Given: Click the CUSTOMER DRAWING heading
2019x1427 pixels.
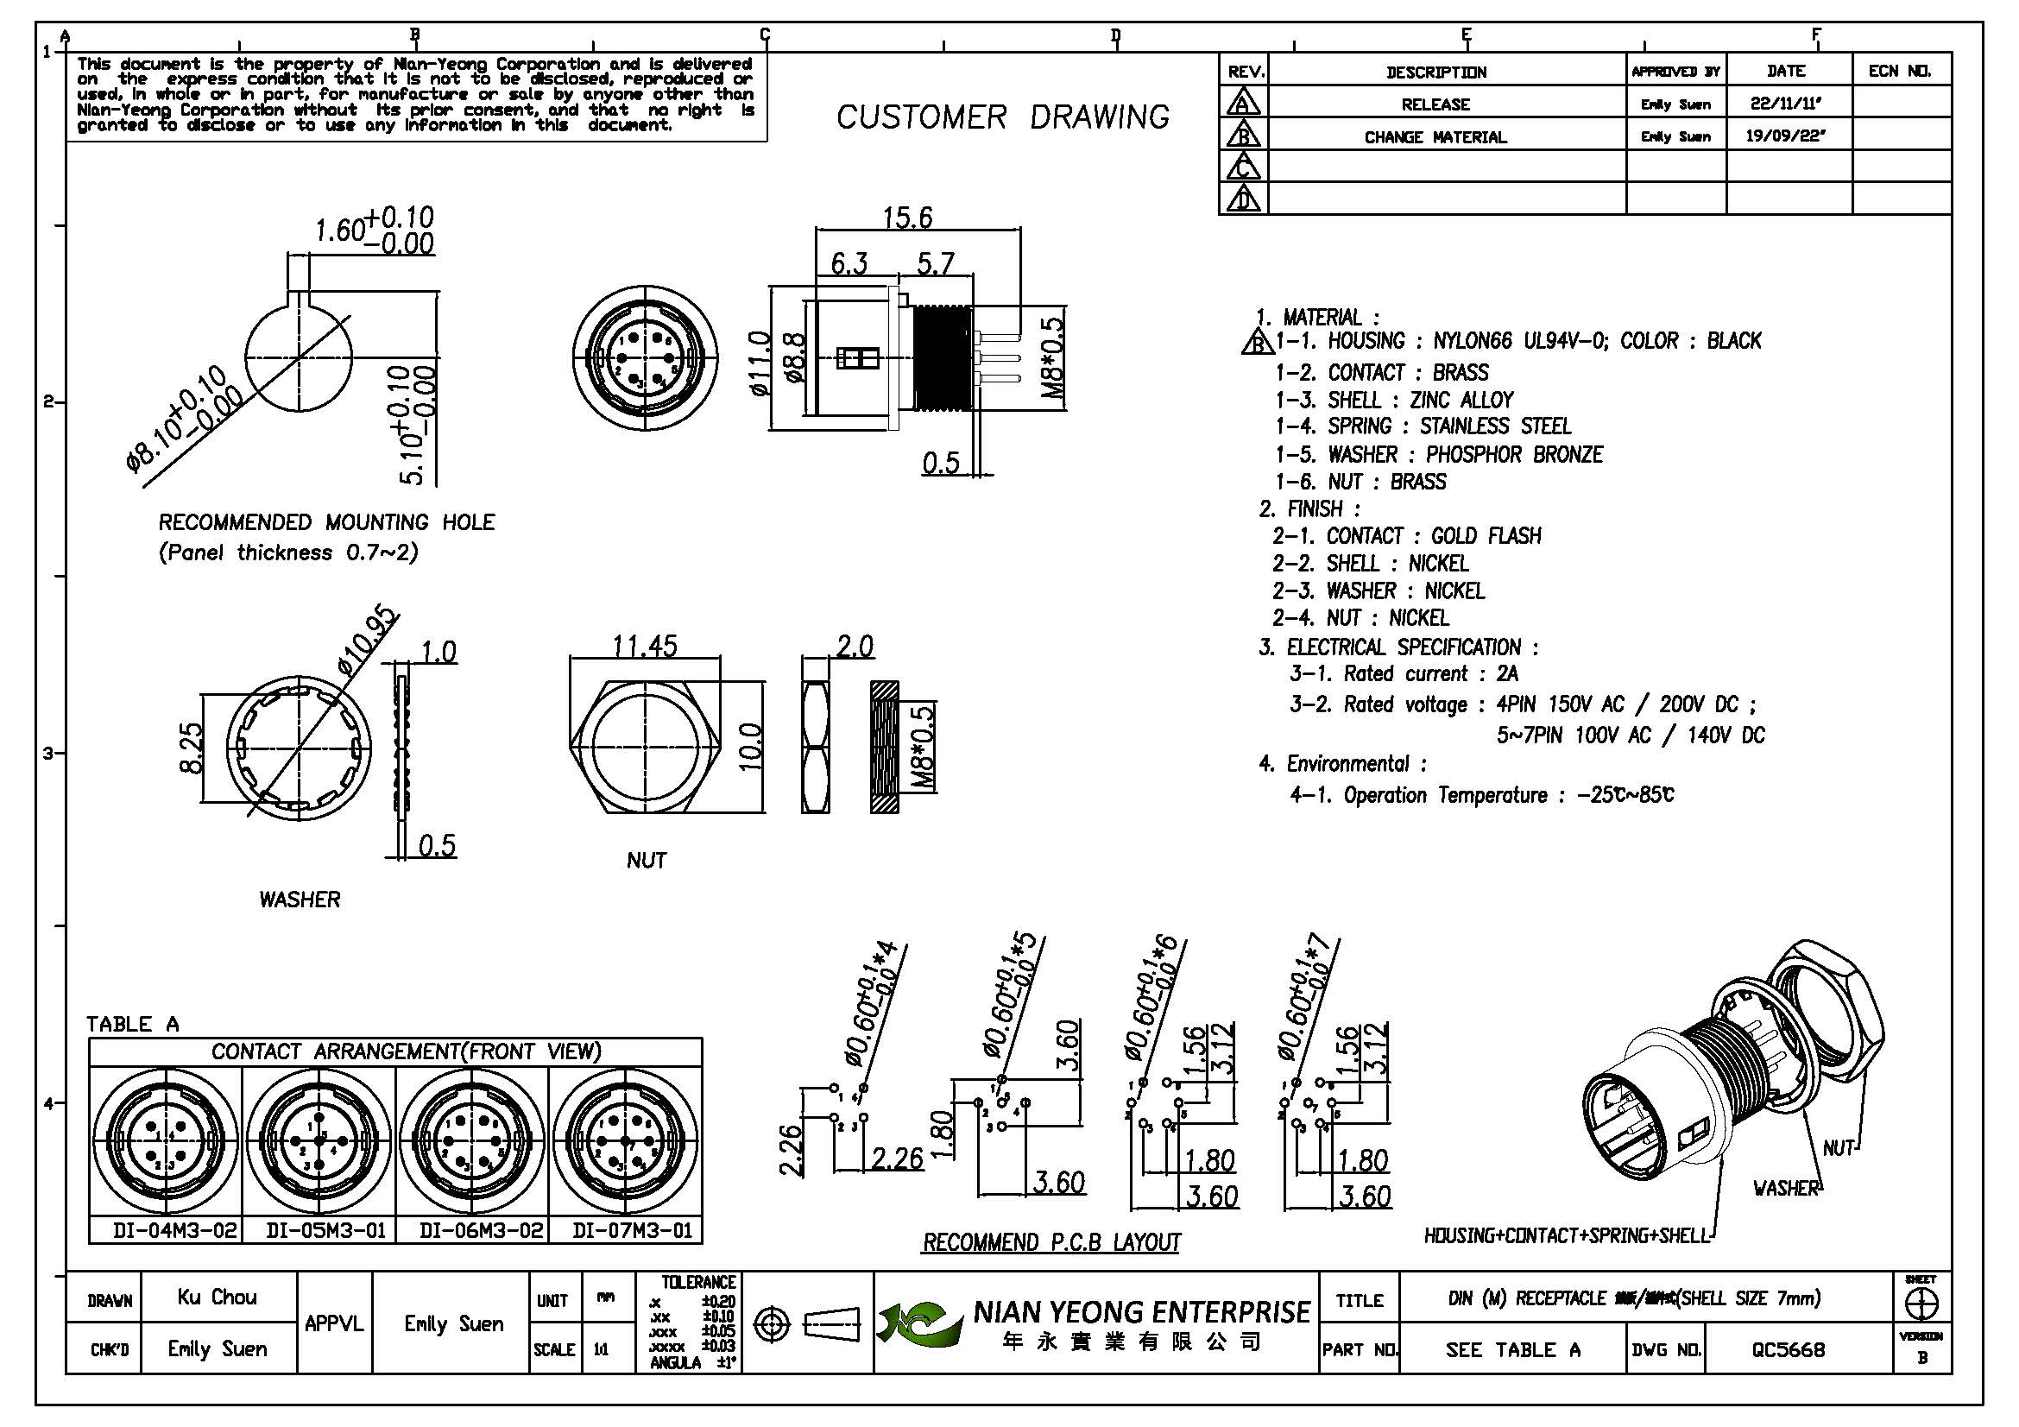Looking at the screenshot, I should coord(1002,117).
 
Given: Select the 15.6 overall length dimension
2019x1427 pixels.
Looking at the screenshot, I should coord(907,218).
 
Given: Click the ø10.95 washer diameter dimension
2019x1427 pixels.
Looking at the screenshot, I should coord(369,641).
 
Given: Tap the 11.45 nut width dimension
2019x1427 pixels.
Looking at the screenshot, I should coord(645,647).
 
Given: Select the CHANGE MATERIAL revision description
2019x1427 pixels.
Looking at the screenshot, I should coord(1435,137).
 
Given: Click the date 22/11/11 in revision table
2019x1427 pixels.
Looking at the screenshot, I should coord(1785,104).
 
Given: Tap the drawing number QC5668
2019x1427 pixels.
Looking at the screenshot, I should coord(1788,1348).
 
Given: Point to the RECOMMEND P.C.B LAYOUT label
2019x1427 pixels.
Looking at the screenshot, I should coord(1051,1241).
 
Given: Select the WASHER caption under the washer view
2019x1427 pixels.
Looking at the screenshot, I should coord(300,899).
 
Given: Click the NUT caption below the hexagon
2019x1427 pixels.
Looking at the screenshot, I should coord(647,860).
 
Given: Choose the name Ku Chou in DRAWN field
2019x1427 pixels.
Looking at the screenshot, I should coord(218,1297).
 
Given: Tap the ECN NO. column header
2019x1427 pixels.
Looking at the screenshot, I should coord(1900,71).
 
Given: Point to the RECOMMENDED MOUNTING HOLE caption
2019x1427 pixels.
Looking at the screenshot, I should coord(326,522).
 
